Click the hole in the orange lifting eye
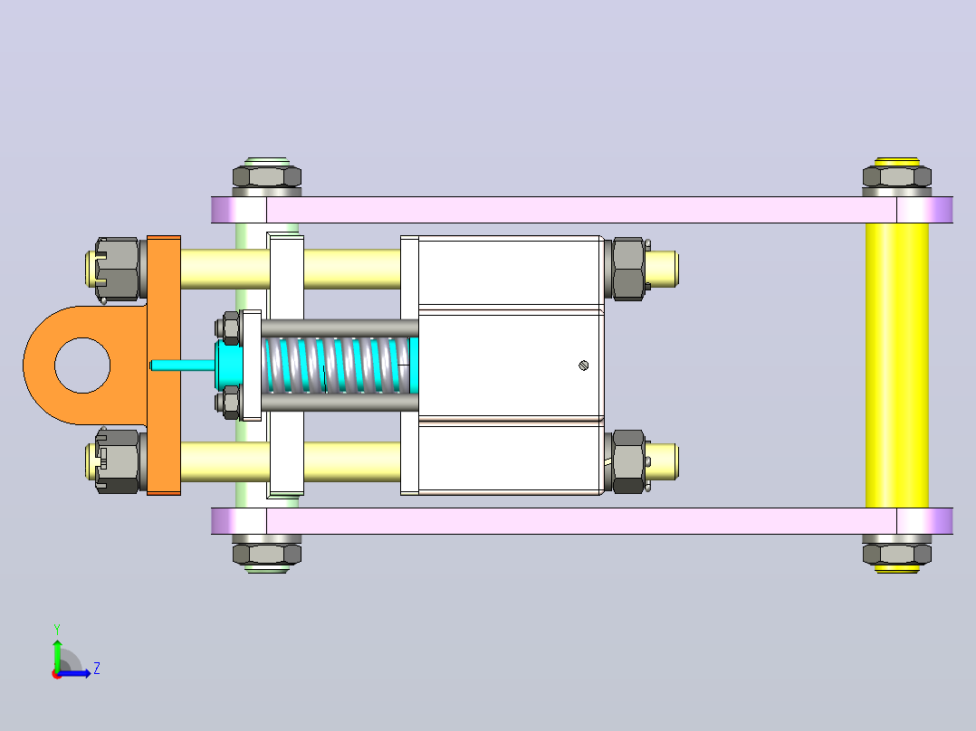(x=82, y=365)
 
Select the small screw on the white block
(x=583, y=365)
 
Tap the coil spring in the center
(x=337, y=365)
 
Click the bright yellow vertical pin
(x=897, y=365)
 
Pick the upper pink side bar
(x=582, y=210)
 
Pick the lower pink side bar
(x=582, y=521)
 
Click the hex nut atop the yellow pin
(x=897, y=176)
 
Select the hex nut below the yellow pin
(x=897, y=554)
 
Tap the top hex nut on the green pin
(x=267, y=176)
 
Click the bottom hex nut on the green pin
(x=267, y=554)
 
